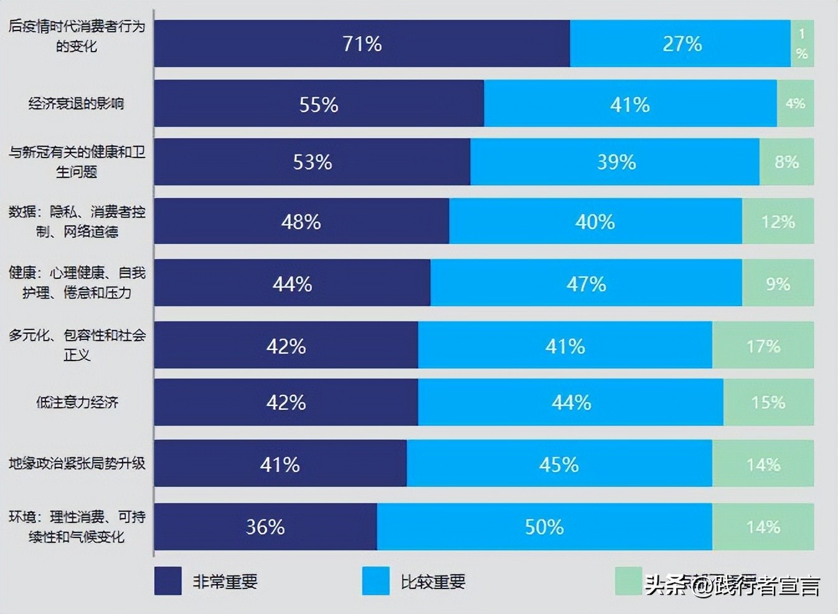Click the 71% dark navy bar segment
[x=362, y=44]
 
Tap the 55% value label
[x=319, y=105]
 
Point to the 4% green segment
[x=795, y=103]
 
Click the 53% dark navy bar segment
[x=312, y=162]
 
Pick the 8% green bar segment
[x=786, y=162]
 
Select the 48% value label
[x=301, y=222]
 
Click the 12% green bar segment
[x=778, y=222]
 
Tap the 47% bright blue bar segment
[x=586, y=284]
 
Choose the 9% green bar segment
[x=778, y=284]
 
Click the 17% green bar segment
[x=763, y=346]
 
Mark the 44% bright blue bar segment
[x=571, y=402]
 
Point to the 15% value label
[x=768, y=402]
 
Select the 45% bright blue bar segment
[x=559, y=465]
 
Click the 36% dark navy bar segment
[x=265, y=527]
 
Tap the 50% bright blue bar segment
[x=544, y=527]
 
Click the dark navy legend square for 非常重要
[x=168, y=581]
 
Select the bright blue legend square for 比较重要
[x=376, y=581]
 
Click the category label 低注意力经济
[x=77, y=402]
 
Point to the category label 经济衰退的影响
[x=76, y=103]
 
